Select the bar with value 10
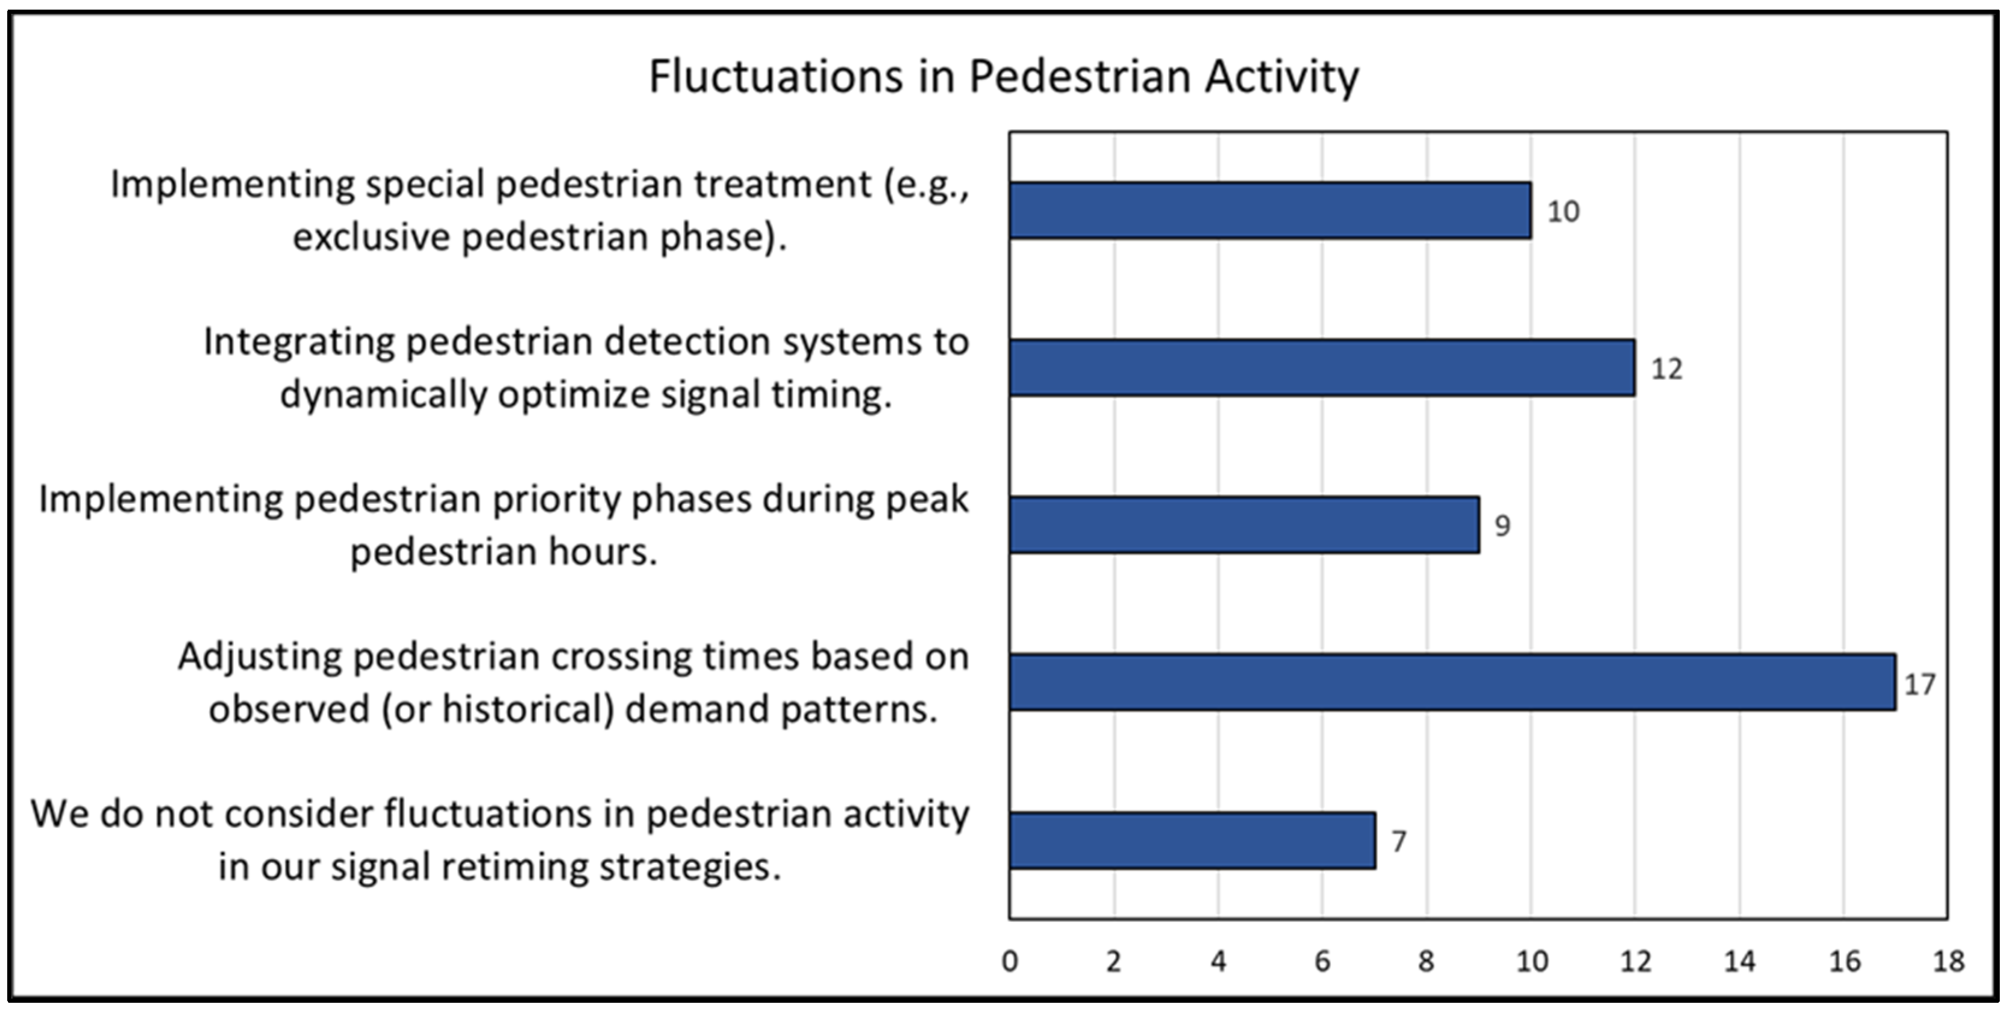click(x=1270, y=210)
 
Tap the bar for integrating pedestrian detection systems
click(x=1322, y=368)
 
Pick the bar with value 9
click(x=1244, y=525)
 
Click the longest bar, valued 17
click(x=1452, y=682)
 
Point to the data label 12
click(x=1666, y=369)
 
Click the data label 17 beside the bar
click(x=1919, y=685)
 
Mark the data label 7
click(x=1399, y=841)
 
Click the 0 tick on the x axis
click(x=1010, y=961)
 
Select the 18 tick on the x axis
click(x=1948, y=961)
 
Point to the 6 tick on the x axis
click(x=1322, y=961)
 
